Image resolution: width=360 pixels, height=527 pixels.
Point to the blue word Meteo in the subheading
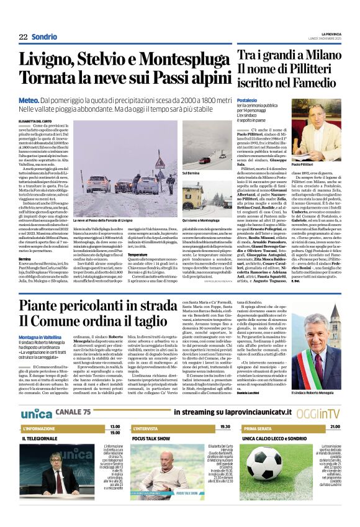tap(29, 99)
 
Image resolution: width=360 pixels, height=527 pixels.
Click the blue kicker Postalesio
tap(247, 100)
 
